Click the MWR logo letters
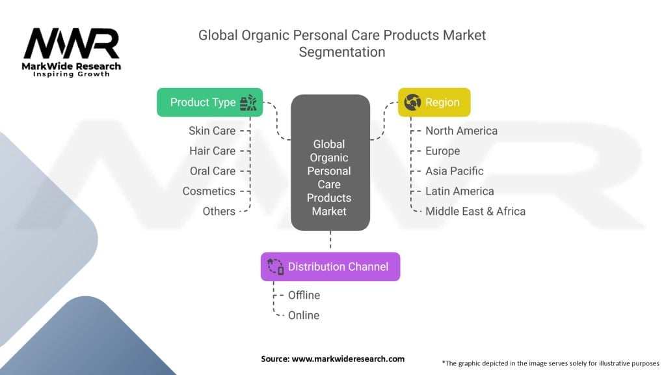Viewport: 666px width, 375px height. pyautogui.click(x=72, y=44)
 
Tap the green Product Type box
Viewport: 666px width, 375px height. pyautogui.click(x=209, y=102)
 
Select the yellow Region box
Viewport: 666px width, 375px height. pyautogui.click(x=434, y=102)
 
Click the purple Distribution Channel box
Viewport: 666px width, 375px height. pyautogui.click(x=330, y=266)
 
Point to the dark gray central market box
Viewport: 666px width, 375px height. pyautogui.click(x=330, y=163)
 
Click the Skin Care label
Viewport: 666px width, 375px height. pyautogui.click(x=212, y=131)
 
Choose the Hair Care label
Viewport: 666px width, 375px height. pyautogui.click(x=212, y=151)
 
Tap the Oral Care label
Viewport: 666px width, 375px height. pyautogui.click(x=213, y=171)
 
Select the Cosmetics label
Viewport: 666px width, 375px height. pyautogui.click(x=209, y=191)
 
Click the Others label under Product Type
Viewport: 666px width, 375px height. pyautogui.click(x=219, y=212)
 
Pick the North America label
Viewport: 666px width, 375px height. pyautogui.click(x=461, y=131)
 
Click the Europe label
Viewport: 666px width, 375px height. pyautogui.click(x=442, y=151)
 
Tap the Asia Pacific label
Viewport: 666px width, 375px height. pyautogui.click(x=454, y=171)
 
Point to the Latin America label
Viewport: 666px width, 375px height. pyautogui.click(x=459, y=191)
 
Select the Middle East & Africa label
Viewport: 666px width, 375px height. pyautogui.click(x=475, y=212)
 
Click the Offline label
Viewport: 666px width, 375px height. pyautogui.click(x=304, y=295)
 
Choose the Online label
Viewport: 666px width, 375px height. pyautogui.click(x=304, y=315)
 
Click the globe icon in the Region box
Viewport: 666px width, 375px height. pyautogui.click(x=412, y=102)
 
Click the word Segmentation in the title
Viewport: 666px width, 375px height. pyautogui.click(x=341, y=52)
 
